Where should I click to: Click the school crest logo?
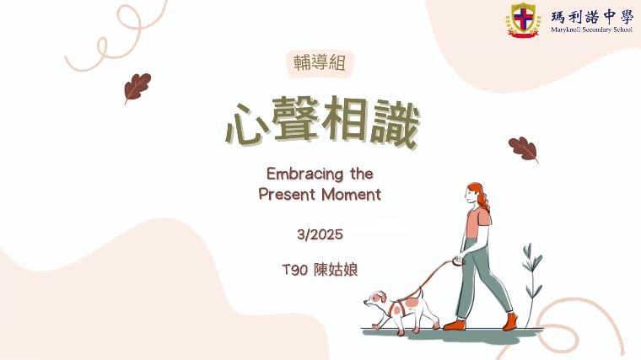(x=523, y=20)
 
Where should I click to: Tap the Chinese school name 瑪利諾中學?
(x=592, y=17)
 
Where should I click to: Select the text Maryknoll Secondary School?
(x=591, y=30)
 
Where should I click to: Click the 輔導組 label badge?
(x=320, y=63)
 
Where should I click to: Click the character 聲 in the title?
(x=295, y=120)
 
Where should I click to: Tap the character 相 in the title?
(x=346, y=120)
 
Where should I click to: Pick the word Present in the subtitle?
(x=288, y=194)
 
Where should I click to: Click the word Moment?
(x=352, y=194)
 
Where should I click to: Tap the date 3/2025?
(x=320, y=234)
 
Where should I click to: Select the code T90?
(x=294, y=270)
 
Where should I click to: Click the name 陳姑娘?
(x=337, y=270)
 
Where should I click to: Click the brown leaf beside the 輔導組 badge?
(x=137, y=88)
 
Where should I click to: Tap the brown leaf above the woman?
(x=523, y=149)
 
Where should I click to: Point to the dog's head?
(x=374, y=299)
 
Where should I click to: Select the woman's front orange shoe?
(x=454, y=325)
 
